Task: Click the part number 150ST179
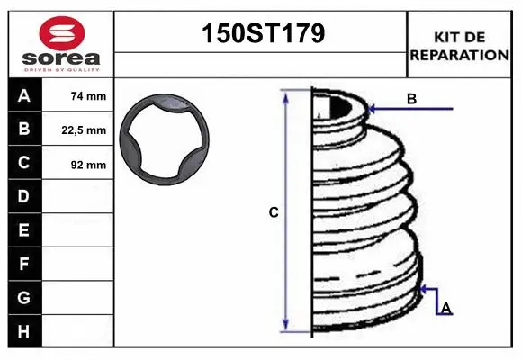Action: click(261, 34)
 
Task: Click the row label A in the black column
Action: click(23, 95)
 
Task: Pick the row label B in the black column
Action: click(23, 130)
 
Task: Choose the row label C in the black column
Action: click(23, 163)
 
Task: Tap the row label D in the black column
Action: click(23, 196)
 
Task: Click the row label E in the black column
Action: click(23, 230)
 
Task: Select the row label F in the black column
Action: click(23, 264)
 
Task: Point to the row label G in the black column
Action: click(23, 297)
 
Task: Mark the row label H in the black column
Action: click(23, 331)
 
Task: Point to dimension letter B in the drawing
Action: click(411, 99)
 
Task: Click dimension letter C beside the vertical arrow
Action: click(274, 212)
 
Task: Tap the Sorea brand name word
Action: click(59, 59)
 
